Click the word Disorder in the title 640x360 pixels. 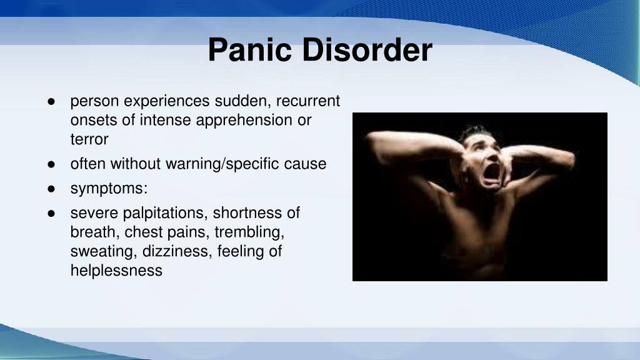pyautogui.click(x=367, y=51)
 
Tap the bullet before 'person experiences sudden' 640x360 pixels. pyautogui.click(x=52, y=101)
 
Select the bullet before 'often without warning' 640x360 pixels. pyautogui.click(x=52, y=164)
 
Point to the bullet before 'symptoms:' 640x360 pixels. pyautogui.click(x=52, y=189)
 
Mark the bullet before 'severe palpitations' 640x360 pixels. pyautogui.click(x=52, y=214)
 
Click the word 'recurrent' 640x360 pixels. pyautogui.click(x=308, y=101)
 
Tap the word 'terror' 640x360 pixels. pyautogui.click(x=89, y=139)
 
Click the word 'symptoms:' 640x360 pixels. pyautogui.click(x=109, y=189)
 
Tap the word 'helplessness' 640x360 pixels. pyautogui.click(x=116, y=271)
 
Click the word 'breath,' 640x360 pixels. pyautogui.click(x=95, y=232)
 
